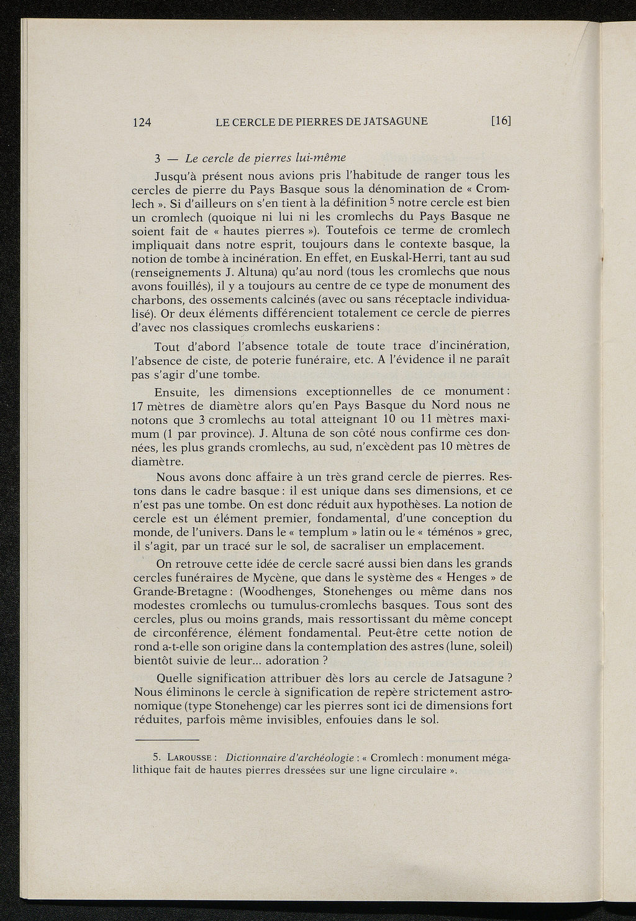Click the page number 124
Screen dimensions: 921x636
tap(143, 122)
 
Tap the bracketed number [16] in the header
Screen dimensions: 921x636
tap(501, 121)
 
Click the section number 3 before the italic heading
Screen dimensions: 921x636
tap(158, 157)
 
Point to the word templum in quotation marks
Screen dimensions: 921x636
tap(329, 533)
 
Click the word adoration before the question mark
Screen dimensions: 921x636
tap(289, 661)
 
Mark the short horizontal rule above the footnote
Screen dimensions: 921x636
tap(166, 740)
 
